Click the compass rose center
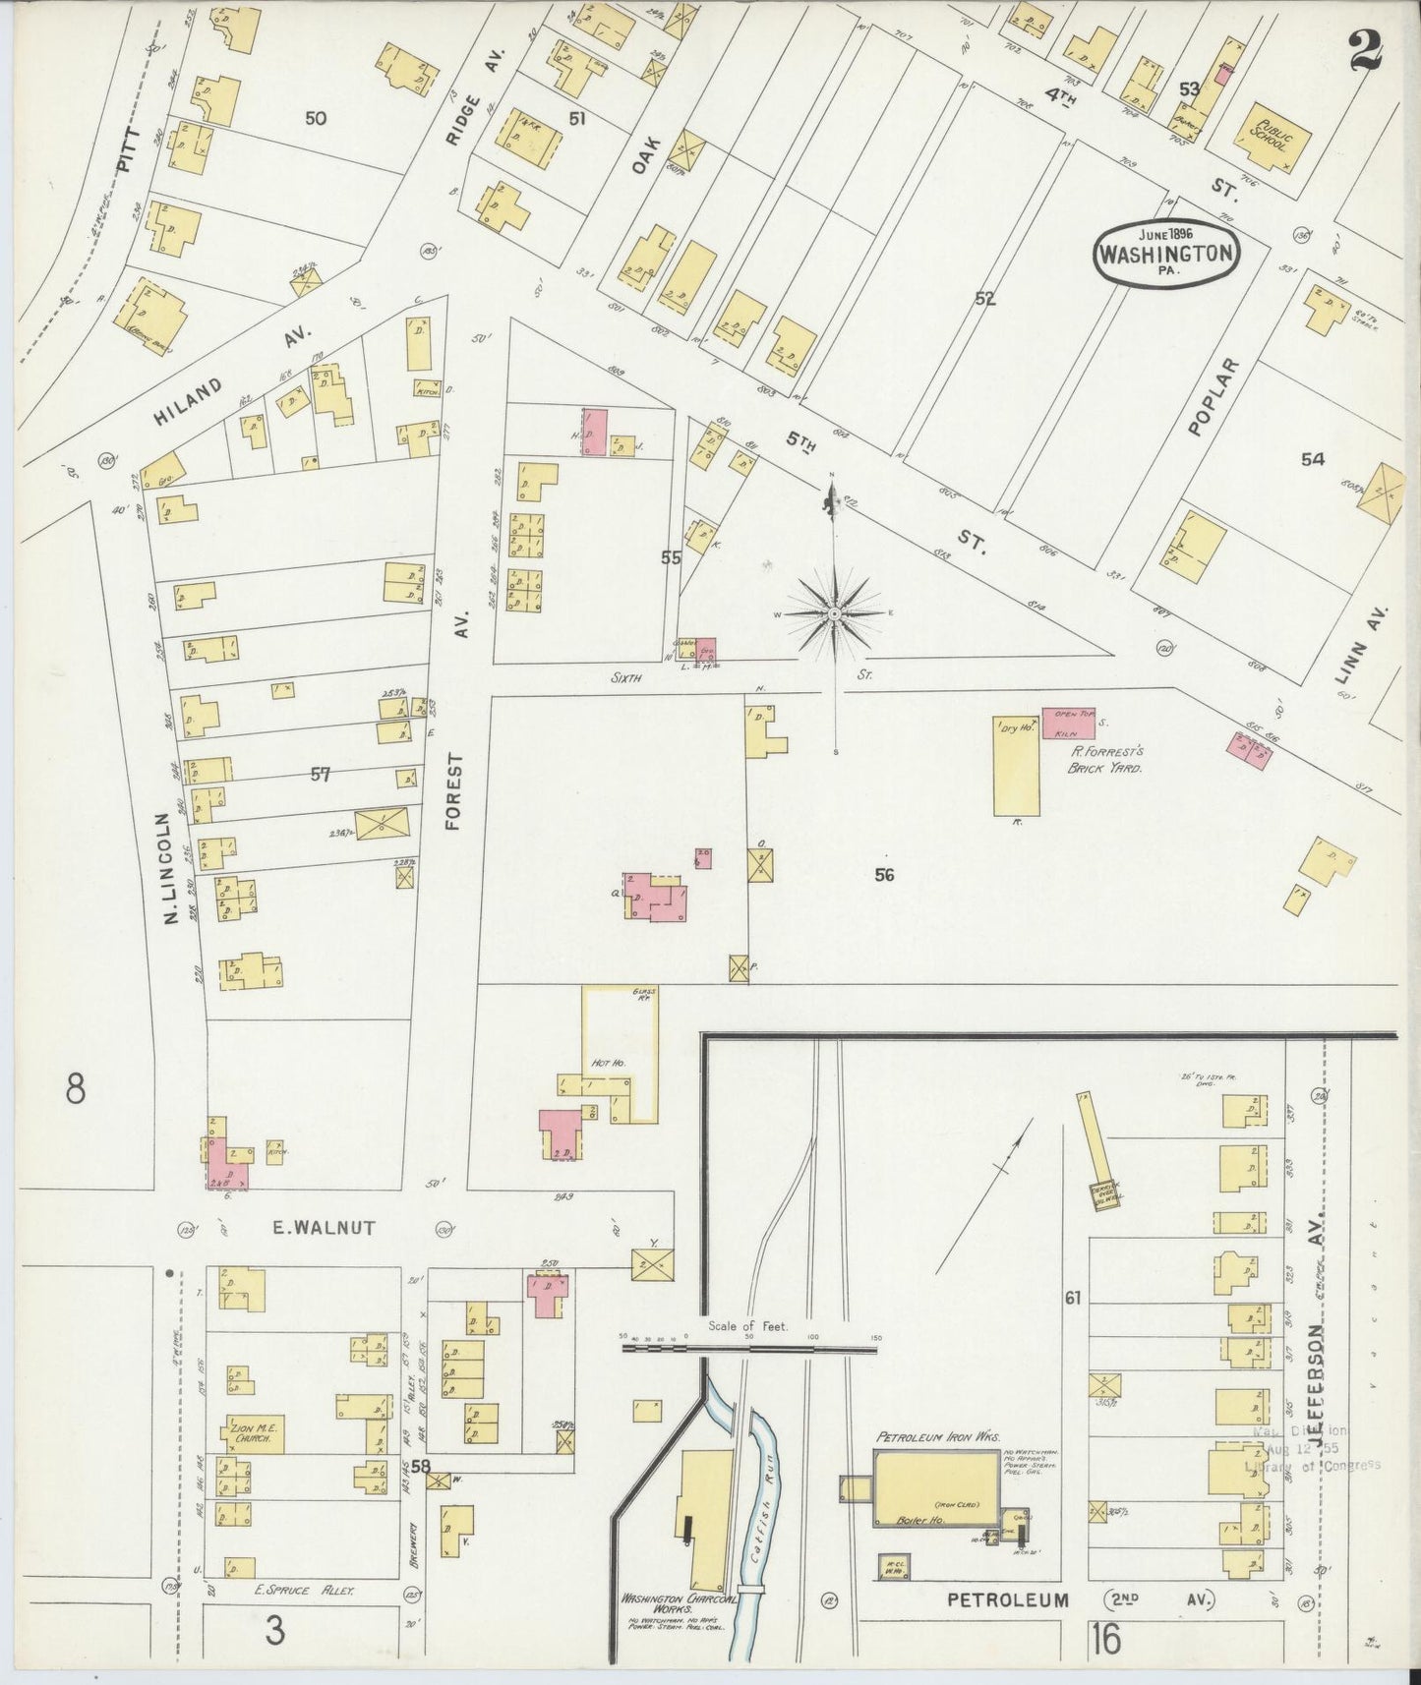tap(834, 613)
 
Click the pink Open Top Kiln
tap(1068, 724)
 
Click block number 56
tap(883, 874)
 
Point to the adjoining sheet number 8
tap(75, 1089)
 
